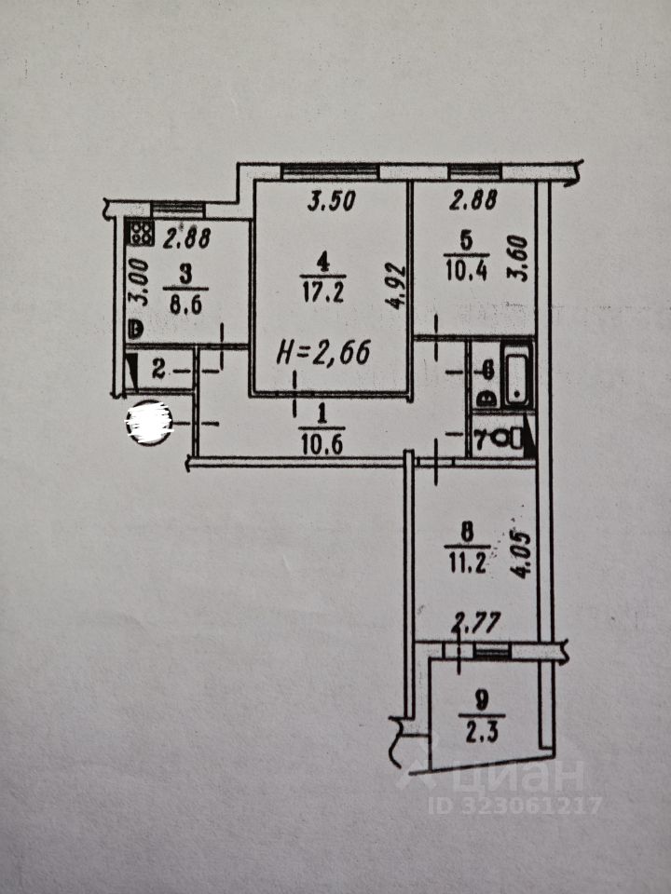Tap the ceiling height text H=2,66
324,353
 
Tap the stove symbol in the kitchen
143,234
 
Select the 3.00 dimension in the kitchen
138,285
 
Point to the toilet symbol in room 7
507,439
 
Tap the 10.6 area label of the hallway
323,443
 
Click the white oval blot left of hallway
150,422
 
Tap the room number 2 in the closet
158,372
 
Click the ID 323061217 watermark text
515,806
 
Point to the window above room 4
330,171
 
